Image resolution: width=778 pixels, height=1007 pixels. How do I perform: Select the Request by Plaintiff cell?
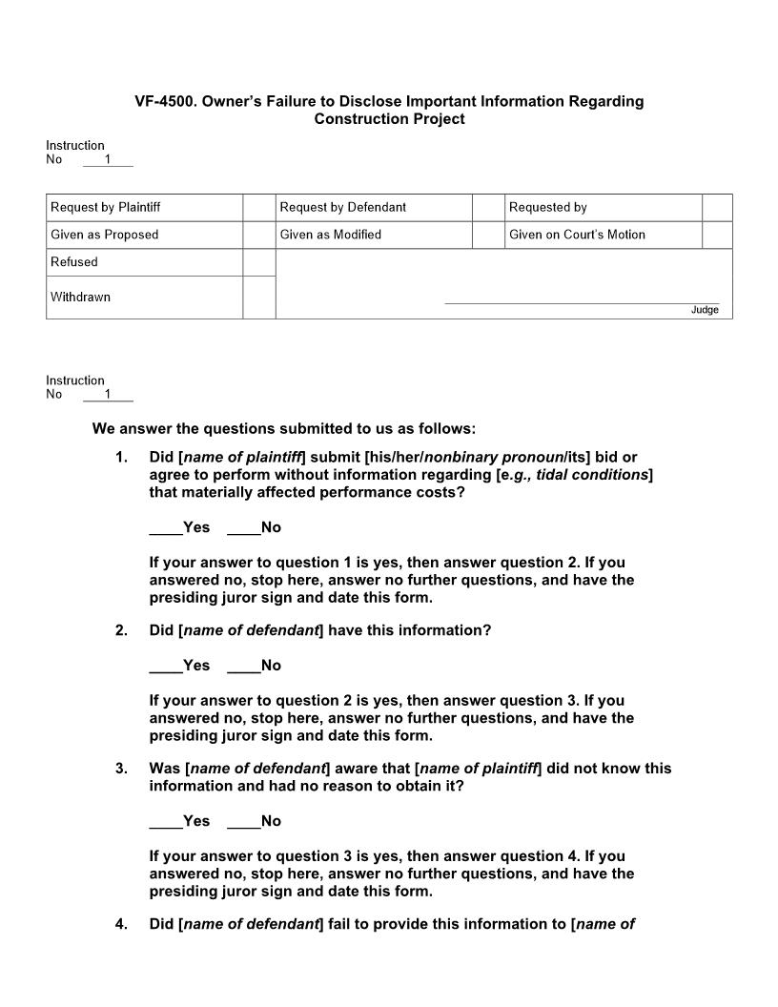[105, 208]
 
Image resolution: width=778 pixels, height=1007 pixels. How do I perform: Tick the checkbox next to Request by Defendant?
[488, 208]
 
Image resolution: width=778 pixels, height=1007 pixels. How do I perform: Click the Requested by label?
[547, 208]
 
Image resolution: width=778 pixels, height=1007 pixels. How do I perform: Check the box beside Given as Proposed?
[258, 235]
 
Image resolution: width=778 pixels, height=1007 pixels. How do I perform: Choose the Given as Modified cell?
[330, 235]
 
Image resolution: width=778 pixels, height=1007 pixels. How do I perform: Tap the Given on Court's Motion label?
[577, 235]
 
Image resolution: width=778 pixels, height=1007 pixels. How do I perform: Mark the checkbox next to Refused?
[258, 262]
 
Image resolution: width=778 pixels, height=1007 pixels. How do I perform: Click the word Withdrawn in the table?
[80, 298]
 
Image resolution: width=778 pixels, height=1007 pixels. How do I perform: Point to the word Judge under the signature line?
[705, 310]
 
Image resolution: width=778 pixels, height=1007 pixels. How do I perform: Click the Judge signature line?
[582, 302]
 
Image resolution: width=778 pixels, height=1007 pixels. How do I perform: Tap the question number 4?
[121, 924]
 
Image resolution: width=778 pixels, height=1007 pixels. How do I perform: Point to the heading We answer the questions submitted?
[283, 429]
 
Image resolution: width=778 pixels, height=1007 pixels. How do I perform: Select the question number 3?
[121, 769]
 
